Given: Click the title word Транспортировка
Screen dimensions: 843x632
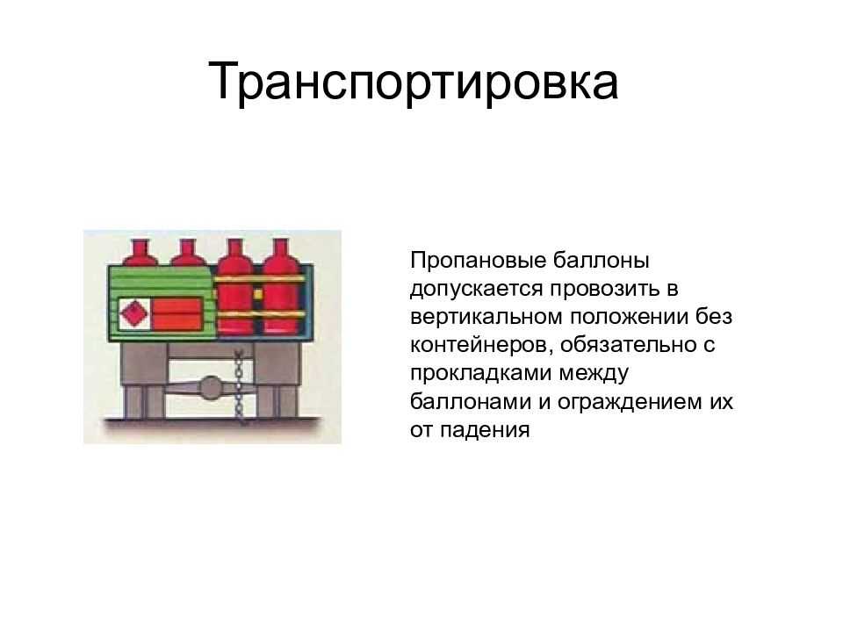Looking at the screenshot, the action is click(x=413, y=83).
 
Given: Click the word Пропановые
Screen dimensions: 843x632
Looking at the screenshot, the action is click(x=475, y=261).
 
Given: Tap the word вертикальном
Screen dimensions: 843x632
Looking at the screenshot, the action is click(x=486, y=317).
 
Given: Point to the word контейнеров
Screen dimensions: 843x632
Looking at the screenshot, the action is click(x=481, y=345).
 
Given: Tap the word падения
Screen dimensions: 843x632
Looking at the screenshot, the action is click(x=485, y=430).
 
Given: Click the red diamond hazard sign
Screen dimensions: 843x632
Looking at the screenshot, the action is click(x=133, y=313).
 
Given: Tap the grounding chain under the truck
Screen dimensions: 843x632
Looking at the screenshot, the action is click(x=239, y=384).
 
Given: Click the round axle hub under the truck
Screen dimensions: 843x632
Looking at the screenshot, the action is click(x=212, y=387).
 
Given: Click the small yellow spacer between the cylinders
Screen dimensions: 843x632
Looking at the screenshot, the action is click(x=258, y=295).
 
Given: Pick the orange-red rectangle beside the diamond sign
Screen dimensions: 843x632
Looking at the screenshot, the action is click(x=177, y=314).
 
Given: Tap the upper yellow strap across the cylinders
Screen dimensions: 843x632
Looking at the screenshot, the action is click(x=260, y=278).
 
